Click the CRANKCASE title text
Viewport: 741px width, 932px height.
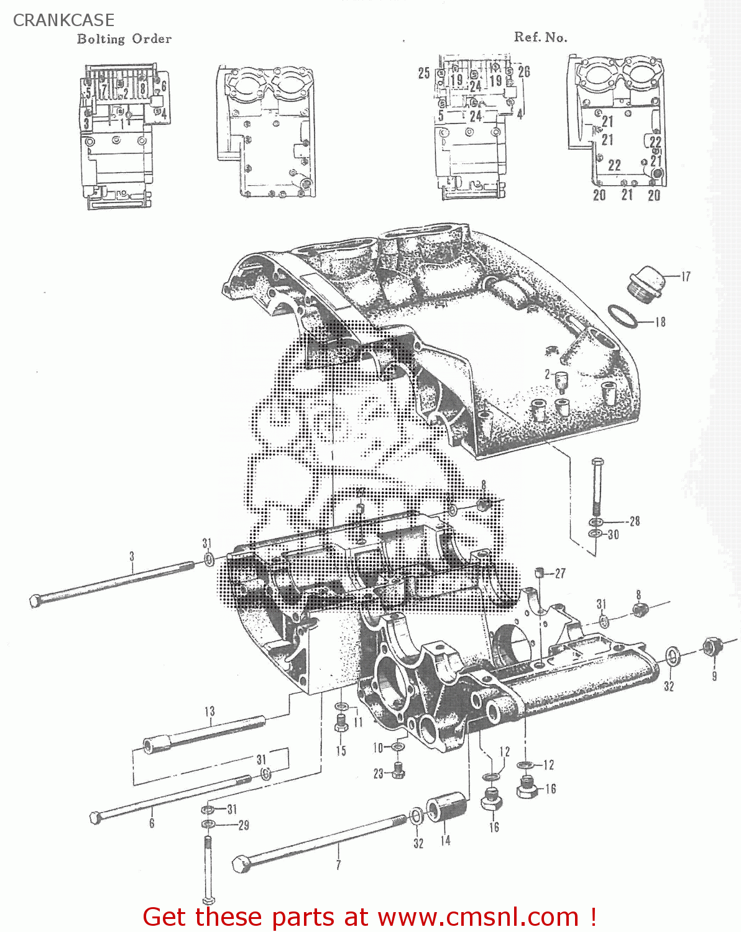[x=63, y=20]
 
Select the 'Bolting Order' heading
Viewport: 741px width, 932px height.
[x=124, y=39]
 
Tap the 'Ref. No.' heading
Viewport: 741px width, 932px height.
[x=540, y=37]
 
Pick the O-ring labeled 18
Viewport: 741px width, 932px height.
[x=622, y=316]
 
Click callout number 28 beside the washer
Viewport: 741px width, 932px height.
[x=634, y=521]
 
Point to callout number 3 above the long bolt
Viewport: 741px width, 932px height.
[x=132, y=556]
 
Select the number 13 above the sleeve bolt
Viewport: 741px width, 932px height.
[x=209, y=712]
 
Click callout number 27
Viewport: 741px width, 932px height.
[x=560, y=573]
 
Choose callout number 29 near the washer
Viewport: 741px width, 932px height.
[x=244, y=825]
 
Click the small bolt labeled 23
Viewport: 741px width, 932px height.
[x=398, y=772]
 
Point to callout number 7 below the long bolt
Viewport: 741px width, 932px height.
[x=338, y=865]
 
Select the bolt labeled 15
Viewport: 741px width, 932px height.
[x=341, y=724]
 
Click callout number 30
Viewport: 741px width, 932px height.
[x=613, y=535]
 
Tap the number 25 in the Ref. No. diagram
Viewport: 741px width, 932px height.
[x=424, y=73]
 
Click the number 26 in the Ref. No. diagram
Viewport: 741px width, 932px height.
[x=524, y=72]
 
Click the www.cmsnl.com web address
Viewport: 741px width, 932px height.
[x=478, y=917]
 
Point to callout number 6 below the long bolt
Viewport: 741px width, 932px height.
[x=152, y=823]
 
